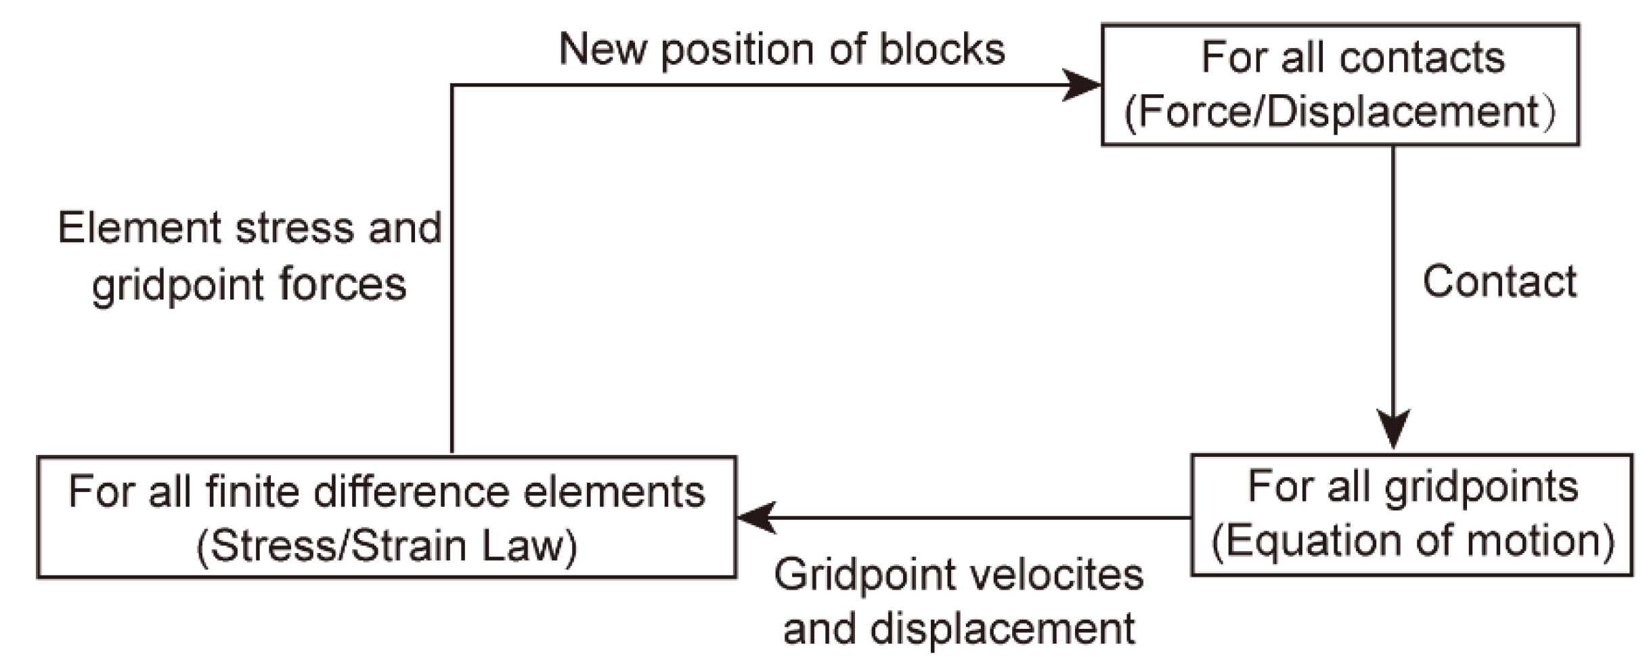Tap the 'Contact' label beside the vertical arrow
(x=1499, y=282)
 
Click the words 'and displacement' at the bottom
(x=959, y=630)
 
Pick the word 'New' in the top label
(x=602, y=50)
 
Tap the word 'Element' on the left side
(x=139, y=228)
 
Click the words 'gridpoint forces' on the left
(x=249, y=285)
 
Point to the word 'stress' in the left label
(x=294, y=229)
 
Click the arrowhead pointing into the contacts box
(x=1083, y=85)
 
